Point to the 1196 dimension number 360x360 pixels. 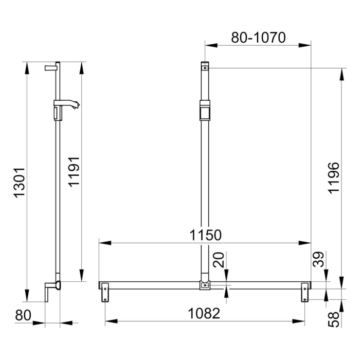pyautogui.click(x=335, y=177)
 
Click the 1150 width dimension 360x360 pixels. pyautogui.click(x=204, y=235)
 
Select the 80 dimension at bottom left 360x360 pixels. pyautogui.click(x=23, y=315)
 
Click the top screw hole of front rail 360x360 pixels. pyautogui.click(x=205, y=67)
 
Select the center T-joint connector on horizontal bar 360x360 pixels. pyautogui.click(x=205, y=285)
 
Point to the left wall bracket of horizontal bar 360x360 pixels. pyautogui.click(x=105, y=291)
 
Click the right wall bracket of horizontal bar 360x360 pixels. pyautogui.click(x=305, y=291)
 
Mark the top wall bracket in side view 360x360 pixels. pyautogui.click(x=52, y=67)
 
